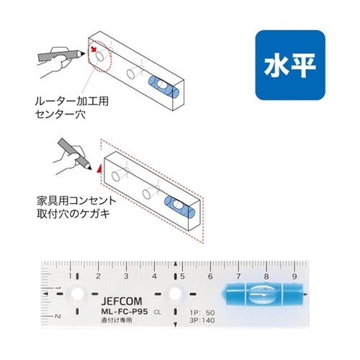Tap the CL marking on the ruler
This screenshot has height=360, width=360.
(157, 312)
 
